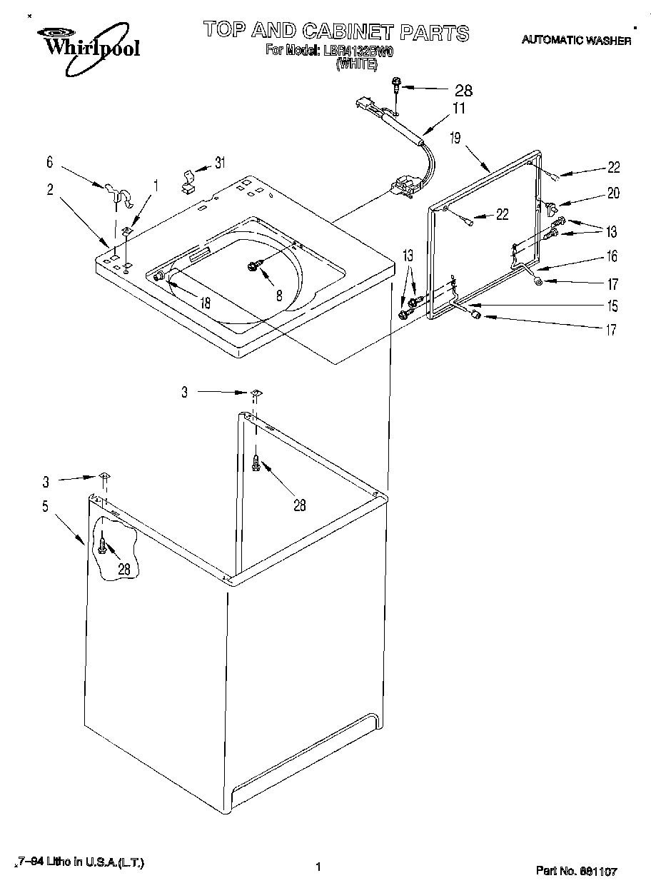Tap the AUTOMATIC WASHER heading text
pyautogui.click(x=576, y=41)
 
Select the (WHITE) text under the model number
pyautogui.click(x=355, y=63)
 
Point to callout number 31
pyautogui.click(x=220, y=163)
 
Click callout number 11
pyautogui.click(x=458, y=109)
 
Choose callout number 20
pyautogui.click(x=613, y=193)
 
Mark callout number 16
pyautogui.click(x=612, y=256)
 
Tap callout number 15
pyautogui.click(x=612, y=306)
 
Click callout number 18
pyautogui.click(x=205, y=303)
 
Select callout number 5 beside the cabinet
pyautogui.click(x=46, y=507)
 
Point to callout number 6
pyautogui.click(x=50, y=163)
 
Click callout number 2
pyautogui.click(x=50, y=189)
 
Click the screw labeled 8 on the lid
pyautogui.click(x=253, y=266)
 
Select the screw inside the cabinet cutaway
pyautogui.click(x=103, y=548)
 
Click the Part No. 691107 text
pyautogui.click(x=576, y=871)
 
